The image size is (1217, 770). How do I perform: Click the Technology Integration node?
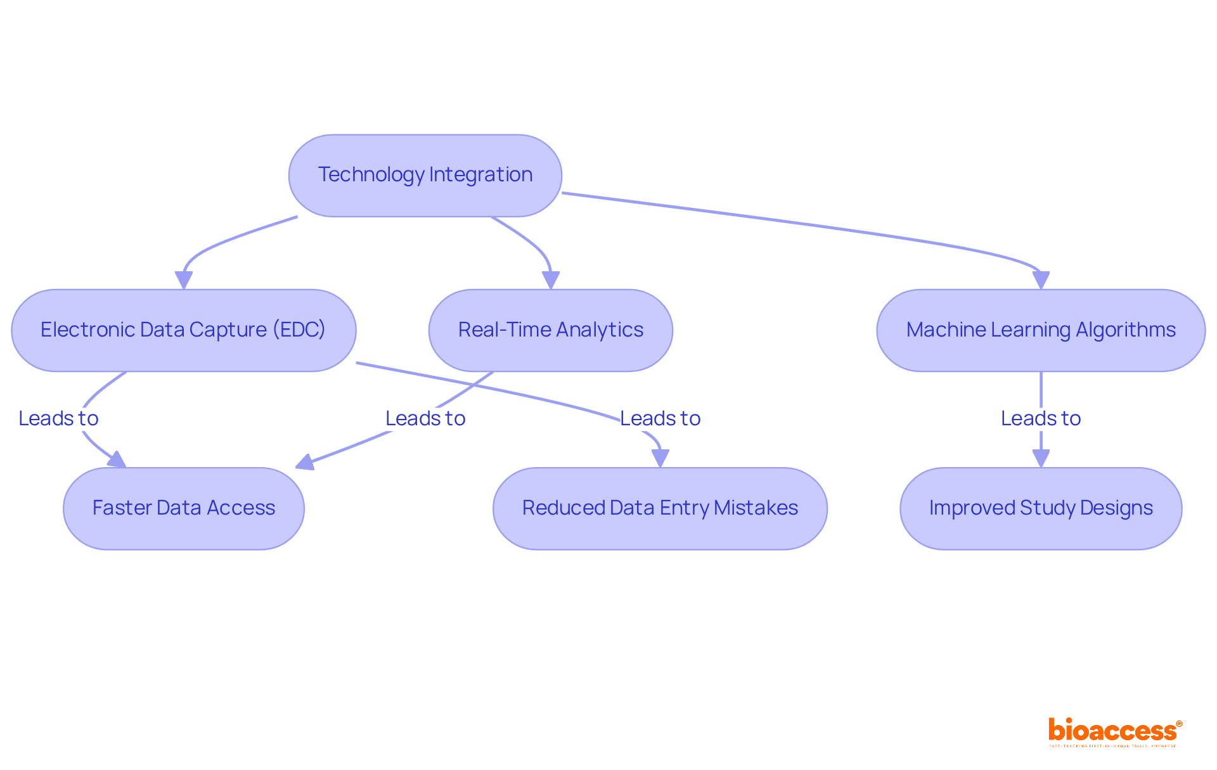point(425,175)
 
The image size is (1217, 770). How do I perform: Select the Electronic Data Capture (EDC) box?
point(183,330)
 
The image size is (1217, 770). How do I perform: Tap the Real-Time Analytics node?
point(550,330)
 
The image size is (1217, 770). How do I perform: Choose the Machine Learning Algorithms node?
point(1040,330)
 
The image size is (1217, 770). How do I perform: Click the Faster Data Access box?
point(183,508)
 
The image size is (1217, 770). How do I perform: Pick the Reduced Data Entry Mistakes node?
point(660,508)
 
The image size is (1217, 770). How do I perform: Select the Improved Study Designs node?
point(1040,508)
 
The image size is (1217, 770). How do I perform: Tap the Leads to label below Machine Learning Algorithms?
point(1040,418)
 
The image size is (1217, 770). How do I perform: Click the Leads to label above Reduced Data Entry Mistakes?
point(660,418)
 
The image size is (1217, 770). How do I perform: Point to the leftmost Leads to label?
point(58,418)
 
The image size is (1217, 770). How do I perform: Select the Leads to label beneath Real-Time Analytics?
point(425,418)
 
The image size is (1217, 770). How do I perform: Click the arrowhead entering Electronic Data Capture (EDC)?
point(184,280)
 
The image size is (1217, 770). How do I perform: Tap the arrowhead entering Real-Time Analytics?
point(550,280)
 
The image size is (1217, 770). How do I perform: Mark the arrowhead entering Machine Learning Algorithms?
point(1040,280)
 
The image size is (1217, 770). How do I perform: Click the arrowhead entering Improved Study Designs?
point(1040,458)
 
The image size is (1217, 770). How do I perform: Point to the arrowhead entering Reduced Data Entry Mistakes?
point(660,458)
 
